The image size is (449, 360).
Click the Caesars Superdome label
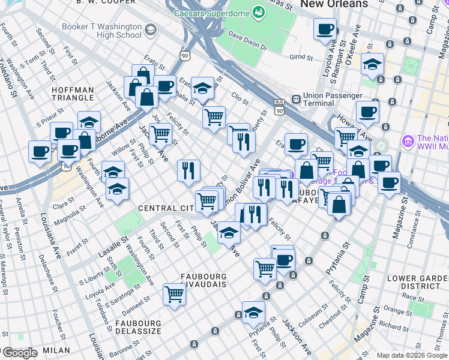[211, 13]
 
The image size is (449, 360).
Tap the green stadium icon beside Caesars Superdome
[259, 12]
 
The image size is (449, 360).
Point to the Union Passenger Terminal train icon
[295, 99]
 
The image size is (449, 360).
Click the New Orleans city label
[334, 4]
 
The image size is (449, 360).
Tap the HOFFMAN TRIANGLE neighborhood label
[73, 94]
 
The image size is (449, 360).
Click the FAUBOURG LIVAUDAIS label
[203, 281]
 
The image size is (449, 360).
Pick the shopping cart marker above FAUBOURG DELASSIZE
[174, 295]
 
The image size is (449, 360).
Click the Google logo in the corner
[19, 353]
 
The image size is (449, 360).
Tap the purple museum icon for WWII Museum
[408, 140]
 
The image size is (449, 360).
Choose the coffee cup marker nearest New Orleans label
[325, 29]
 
